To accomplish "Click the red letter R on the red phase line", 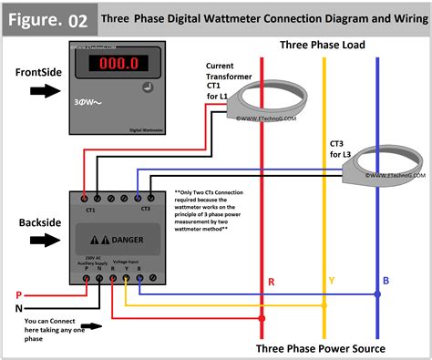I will pyautogui.click(x=271, y=283).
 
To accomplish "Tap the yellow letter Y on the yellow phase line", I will pyautogui.click(x=332, y=283).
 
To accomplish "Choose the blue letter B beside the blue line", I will pyautogui.click(x=386, y=282).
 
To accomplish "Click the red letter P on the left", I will pyautogui.click(x=16, y=294).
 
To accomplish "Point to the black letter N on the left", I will pyautogui.click(x=16, y=308).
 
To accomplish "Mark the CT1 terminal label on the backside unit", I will pyautogui.click(x=90, y=209).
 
